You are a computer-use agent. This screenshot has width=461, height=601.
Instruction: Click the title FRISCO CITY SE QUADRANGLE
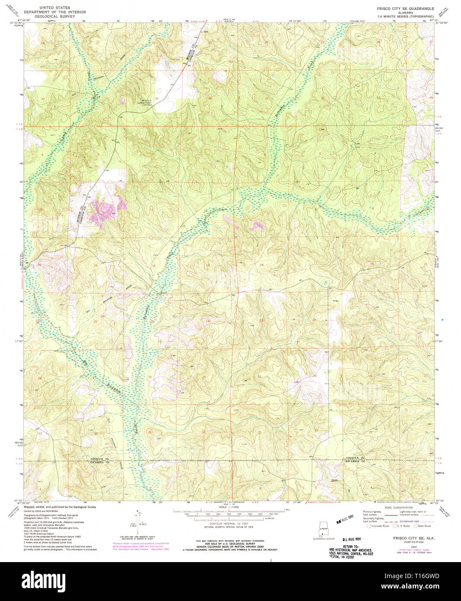pyautogui.click(x=403, y=8)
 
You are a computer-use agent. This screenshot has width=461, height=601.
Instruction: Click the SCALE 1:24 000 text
pyautogui.click(x=230, y=507)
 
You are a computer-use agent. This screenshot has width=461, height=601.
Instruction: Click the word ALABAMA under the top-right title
pyautogui.click(x=403, y=13)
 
